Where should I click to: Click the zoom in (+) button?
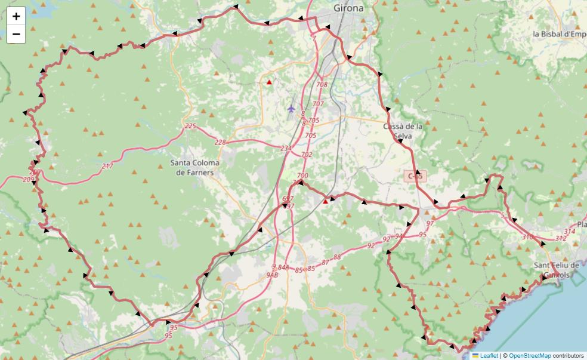click(x=16, y=16)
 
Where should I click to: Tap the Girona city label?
click(x=349, y=8)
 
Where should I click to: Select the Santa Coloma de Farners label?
click(x=194, y=167)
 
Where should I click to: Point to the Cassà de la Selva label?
click(x=403, y=131)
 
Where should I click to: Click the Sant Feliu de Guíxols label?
click(x=557, y=270)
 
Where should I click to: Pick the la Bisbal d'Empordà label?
click(x=560, y=34)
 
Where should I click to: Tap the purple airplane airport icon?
click(x=291, y=109)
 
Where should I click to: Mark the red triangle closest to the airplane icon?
click(x=270, y=82)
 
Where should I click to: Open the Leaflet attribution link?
click(x=489, y=355)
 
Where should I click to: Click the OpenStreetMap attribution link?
click(x=530, y=355)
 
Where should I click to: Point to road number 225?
click(x=190, y=126)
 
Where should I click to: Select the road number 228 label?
click(x=220, y=142)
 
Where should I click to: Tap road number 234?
click(x=286, y=148)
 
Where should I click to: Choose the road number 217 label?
click(x=107, y=166)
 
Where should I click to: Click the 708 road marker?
click(x=322, y=85)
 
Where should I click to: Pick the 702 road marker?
click(x=307, y=155)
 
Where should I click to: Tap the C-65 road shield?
click(x=415, y=176)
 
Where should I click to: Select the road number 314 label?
click(x=569, y=232)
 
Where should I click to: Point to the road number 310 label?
click(x=527, y=237)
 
